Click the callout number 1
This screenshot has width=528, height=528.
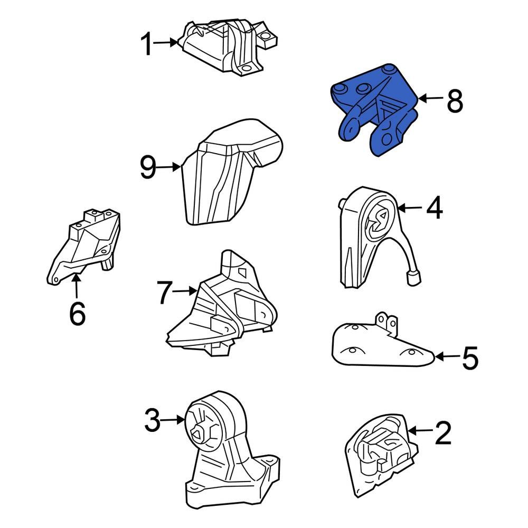click(x=147, y=43)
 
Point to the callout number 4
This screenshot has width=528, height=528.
click(x=435, y=208)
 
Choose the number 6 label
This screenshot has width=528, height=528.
click(x=78, y=313)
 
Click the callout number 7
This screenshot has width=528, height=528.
click(x=165, y=293)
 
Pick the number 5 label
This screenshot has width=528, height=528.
click(x=470, y=357)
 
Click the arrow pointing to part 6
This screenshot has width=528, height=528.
click(x=77, y=286)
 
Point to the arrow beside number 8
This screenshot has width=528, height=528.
click(x=431, y=99)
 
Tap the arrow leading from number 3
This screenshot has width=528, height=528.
click(x=173, y=420)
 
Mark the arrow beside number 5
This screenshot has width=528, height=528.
click(x=447, y=356)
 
